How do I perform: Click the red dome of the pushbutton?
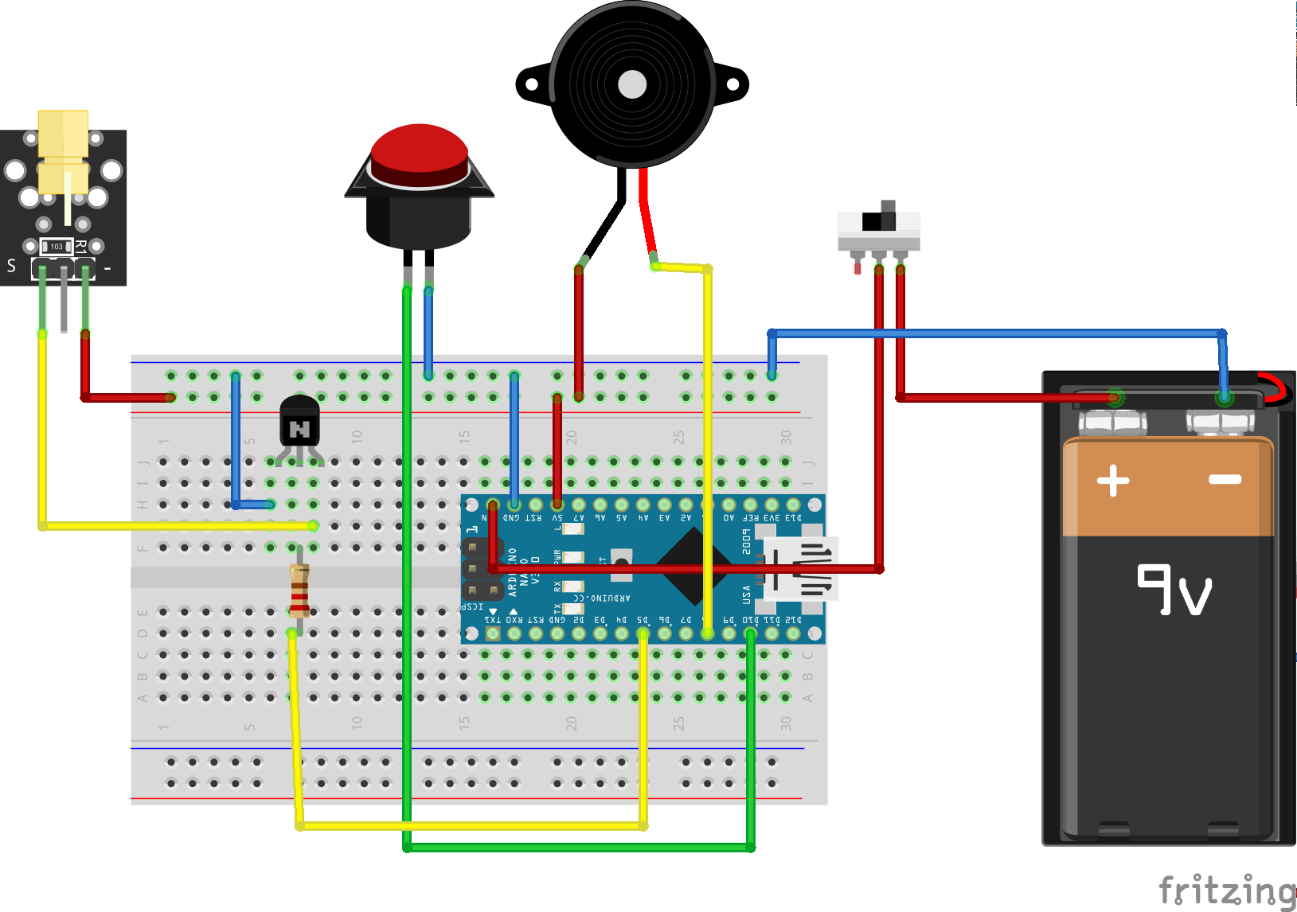point(420,148)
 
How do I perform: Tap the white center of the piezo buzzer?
point(632,84)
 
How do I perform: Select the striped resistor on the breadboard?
point(299,590)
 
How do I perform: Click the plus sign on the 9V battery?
point(1113,481)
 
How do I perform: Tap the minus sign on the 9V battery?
point(1225,479)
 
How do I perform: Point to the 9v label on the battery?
point(1174,590)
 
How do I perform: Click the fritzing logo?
point(1227,890)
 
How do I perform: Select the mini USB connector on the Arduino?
point(800,568)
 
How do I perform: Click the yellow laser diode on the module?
point(63,151)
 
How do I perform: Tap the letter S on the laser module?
point(11,266)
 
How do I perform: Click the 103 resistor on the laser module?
point(57,247)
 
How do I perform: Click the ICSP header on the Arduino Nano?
point(482,569)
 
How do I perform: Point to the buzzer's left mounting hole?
point(531,84)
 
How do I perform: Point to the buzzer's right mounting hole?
point(732,84)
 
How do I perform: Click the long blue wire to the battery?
point(995,333)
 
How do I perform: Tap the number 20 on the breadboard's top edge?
point(572,437)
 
